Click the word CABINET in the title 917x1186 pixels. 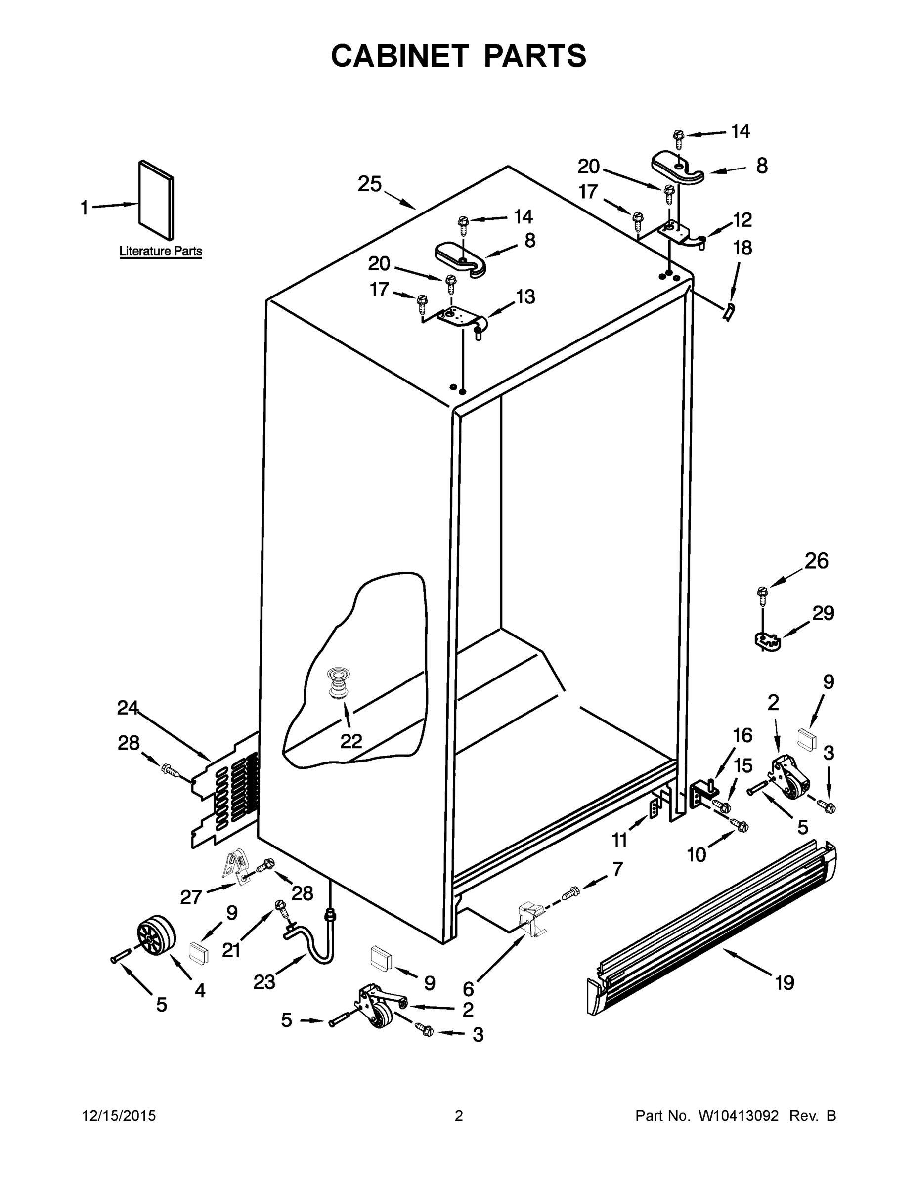pyautogui.click(x=399, y=56)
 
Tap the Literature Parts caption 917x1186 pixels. pyautogui.click(x=160, y=252)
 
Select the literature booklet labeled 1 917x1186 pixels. pyautogui.click(x=156, y=200)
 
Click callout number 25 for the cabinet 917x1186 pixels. pyautogui.click(x=369, y=185)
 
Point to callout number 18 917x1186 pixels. pyautogui.click(x=742, y=248)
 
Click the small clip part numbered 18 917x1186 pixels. pyautogui.click(x=730, y=312)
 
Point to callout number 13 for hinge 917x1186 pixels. pyautogui.click(x=525, y=297)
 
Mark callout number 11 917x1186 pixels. pyautogui.click(x=620, y=840)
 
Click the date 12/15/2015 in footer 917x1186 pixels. pyautogui.click(x=119, y=1116)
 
